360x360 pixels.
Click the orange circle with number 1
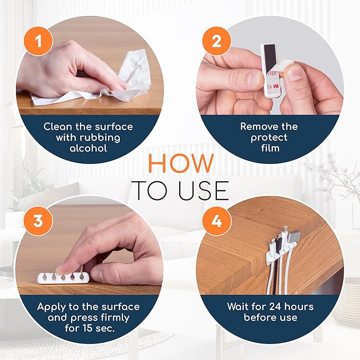(38, 42)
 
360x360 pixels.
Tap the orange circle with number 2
(216, 42)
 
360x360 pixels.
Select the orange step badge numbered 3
(38, 221)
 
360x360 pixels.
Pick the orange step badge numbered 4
(216, 221)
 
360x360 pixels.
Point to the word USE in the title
(203, 190)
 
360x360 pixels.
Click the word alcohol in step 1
(88, 148)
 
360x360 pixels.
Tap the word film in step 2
(269, 148)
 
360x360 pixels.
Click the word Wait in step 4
(239, 307)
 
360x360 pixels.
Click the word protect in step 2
(269, 137)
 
